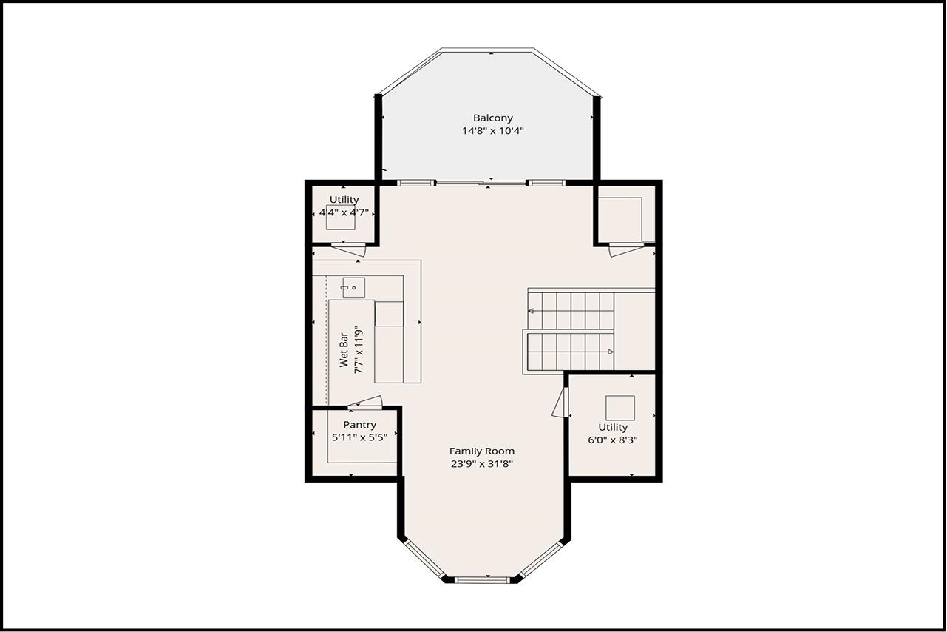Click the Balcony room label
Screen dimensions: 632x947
[x=492, y=118]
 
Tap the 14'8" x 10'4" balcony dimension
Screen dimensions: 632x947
[x=492, y=131]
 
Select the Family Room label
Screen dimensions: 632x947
[x=482, y=451]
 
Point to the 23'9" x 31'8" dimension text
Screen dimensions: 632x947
[x=482, y=464]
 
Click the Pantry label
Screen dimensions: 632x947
[x=359, y=425]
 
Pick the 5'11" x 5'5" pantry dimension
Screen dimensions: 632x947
[x=359, y=437]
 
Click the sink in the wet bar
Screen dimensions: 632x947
[x=353, y=287]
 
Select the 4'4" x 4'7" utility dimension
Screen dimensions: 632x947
[x=344, y=212]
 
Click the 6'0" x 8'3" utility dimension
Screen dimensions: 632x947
[x=613, y=440]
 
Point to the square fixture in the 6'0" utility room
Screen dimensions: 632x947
[x=620, y=408]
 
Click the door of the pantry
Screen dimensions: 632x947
[x=365, y=403]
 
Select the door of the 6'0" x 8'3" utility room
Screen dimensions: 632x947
[x=560, y=403]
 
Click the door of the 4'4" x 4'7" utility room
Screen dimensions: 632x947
[x=348, y=249]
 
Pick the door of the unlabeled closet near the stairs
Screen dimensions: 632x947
[x=625, y=250]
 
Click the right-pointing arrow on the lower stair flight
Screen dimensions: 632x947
[x=610, y=352]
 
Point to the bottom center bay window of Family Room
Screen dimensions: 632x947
[x=482, y=579]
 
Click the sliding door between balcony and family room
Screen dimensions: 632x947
[x=481, y=182]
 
